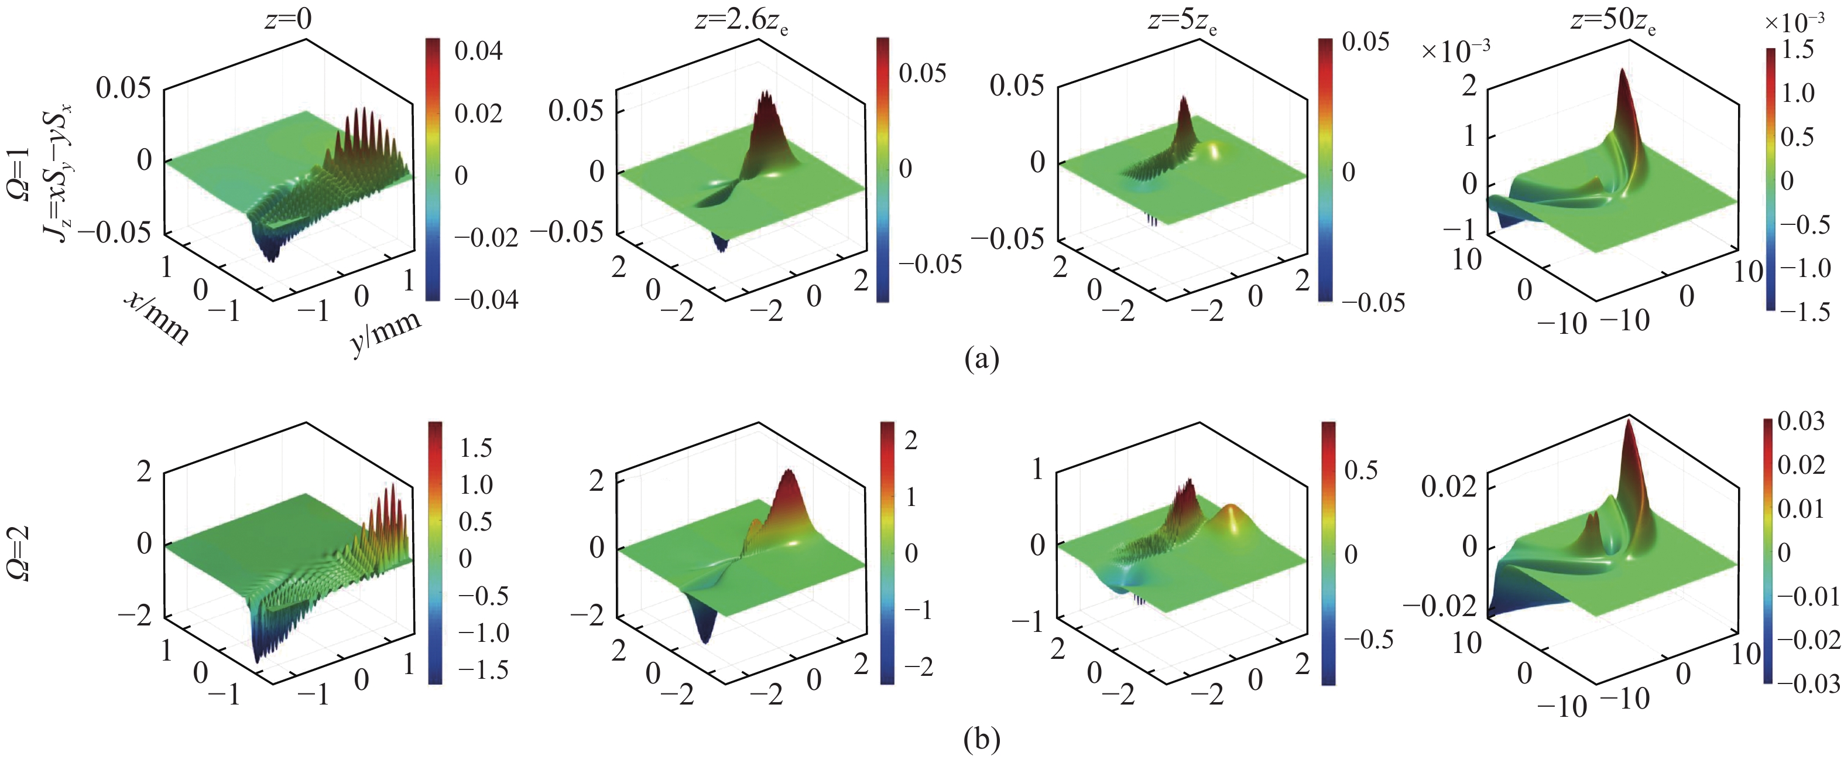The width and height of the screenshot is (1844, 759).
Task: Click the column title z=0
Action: [288, 18]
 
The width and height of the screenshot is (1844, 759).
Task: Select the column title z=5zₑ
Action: [1183, 20]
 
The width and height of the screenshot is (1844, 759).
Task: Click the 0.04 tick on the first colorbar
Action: [478, 51]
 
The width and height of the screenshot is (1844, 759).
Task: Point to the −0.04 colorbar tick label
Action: [485, 299]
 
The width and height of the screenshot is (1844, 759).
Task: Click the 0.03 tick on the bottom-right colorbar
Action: [1801, 421]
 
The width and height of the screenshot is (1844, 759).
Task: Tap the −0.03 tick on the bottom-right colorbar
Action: [1807, 683]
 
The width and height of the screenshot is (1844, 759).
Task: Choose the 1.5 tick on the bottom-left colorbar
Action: [476, 448]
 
